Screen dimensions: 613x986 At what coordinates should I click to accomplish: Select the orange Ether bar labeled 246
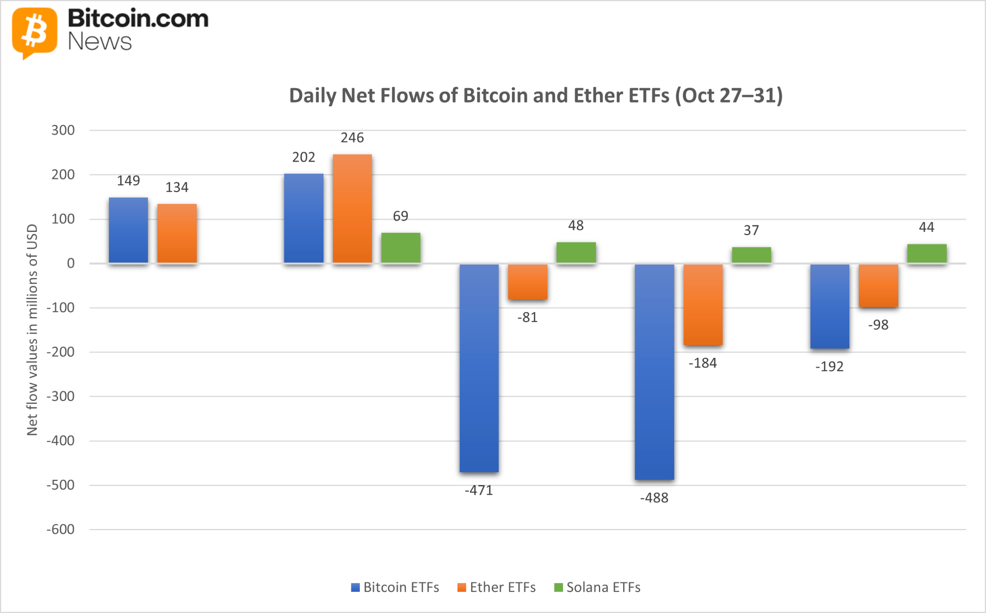(x=352, y=209)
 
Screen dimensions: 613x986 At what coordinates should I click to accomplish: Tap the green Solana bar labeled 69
(x=401, y=248)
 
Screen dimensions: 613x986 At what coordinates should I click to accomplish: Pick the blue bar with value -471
(x=479, y=368)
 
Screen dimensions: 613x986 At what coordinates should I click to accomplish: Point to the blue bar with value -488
(x=654, y=371)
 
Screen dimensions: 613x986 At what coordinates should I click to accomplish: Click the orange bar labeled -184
(x=703, y=304)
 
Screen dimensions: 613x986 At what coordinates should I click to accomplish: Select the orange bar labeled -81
(x=527, y=282)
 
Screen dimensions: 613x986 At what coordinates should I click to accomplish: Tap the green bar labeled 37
(x=751, y=255)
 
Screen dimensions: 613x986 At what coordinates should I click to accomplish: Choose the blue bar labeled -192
(x=830, y=306)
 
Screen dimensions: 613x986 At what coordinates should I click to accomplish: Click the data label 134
(x=177, y=187)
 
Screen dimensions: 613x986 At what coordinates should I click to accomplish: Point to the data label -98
(x=878, y=325)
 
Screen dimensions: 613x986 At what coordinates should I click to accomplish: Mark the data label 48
(x=575, y=225)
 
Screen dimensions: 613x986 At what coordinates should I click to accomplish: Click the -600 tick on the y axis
(x=60, y=529)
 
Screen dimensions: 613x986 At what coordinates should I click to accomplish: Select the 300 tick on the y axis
(x=63, y=130)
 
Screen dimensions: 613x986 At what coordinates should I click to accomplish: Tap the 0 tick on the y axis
(x=70, y=264)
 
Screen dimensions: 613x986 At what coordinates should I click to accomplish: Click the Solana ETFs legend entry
(x=597, y=587)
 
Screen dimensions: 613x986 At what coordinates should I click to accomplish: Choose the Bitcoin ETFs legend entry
(x=395, y=587)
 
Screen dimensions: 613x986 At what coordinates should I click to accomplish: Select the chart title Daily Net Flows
(x=536, y=96)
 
